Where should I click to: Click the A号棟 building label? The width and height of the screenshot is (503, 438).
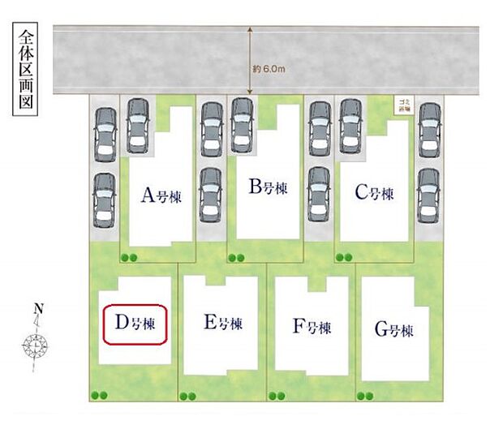[161, 195]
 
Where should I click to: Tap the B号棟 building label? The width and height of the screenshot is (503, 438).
[268, 188]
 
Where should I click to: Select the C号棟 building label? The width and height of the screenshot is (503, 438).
[374, 194]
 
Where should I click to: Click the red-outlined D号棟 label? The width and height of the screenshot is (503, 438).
[135, 324]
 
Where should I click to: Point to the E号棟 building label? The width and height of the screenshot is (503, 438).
[223, 324]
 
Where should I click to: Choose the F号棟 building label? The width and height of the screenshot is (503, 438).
[312, 328]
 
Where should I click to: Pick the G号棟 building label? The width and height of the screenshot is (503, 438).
[394, 330]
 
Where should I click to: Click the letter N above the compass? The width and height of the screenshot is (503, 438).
[37, 309]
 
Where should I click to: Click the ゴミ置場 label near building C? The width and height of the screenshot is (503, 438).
[403, 105]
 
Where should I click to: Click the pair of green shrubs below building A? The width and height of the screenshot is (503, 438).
[128, 258]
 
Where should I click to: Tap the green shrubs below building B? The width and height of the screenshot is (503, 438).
[236, 258]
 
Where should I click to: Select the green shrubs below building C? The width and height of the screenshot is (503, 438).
[343, 258]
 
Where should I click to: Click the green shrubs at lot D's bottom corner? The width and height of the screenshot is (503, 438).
[101, 396]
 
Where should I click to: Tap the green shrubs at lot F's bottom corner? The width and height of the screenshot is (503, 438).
[277, 396]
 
